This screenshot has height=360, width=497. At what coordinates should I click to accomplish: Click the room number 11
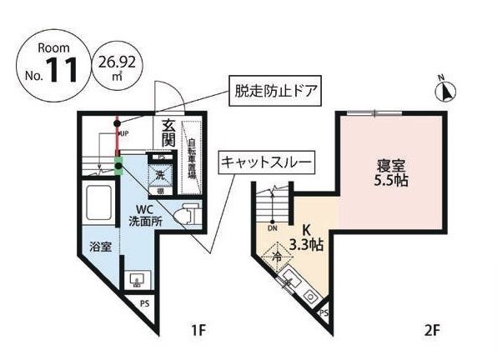coord(62,70)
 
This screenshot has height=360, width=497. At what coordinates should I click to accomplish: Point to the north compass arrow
coord(444,89)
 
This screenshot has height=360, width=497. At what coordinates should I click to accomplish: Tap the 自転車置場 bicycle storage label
coord(191,159)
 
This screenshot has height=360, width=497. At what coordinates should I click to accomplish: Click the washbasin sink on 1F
coord(136,279)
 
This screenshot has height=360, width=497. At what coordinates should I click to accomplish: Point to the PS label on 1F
coord(145,303)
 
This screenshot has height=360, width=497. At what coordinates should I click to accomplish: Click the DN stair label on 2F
coord(272,227)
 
